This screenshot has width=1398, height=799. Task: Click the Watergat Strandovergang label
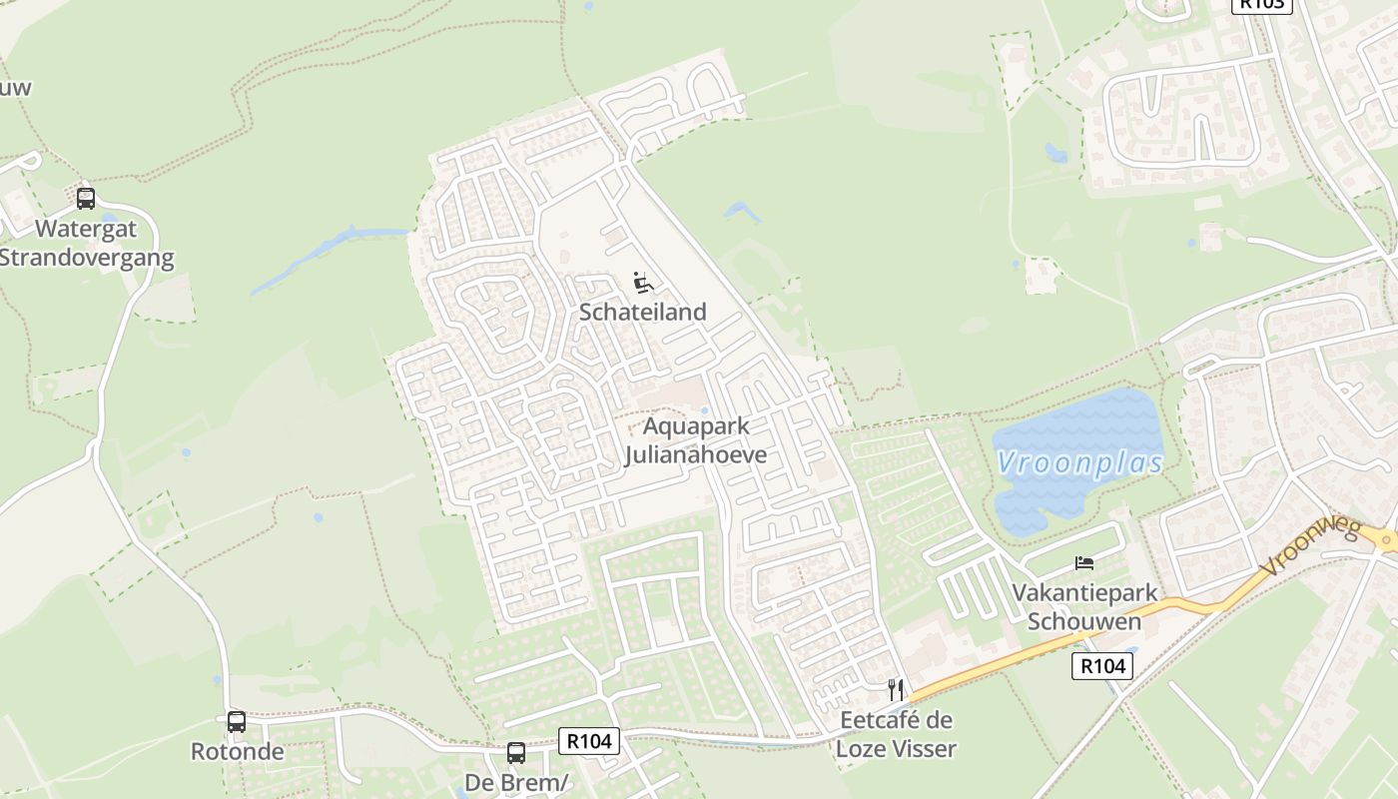point(86,243)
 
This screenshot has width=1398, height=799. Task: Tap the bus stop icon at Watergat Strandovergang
point(86,198)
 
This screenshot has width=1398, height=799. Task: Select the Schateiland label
point(643,312)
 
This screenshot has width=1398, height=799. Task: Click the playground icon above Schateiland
point(643,283)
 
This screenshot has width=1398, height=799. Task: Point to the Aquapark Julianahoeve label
point(696,440)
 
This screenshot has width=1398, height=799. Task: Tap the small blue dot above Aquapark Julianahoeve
point(704,410)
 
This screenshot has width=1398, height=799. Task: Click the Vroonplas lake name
point(1080,462)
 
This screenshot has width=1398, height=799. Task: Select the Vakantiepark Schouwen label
point(1084,606)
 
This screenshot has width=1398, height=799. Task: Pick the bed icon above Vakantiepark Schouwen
point(1084,563)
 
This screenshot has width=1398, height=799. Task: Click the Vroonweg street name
point(1309,545)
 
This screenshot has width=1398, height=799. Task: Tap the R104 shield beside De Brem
point(589,740)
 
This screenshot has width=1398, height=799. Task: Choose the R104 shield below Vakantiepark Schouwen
point(1102,665)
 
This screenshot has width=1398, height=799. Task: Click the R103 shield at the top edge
point(1262,4)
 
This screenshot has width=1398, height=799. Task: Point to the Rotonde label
point(238,751)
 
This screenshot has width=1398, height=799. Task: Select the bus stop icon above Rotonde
point(237,721)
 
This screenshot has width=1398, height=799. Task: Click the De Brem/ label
point(516,782)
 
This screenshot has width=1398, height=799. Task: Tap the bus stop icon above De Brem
point(516,752)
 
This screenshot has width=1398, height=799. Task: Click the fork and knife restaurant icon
point(896,689)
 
